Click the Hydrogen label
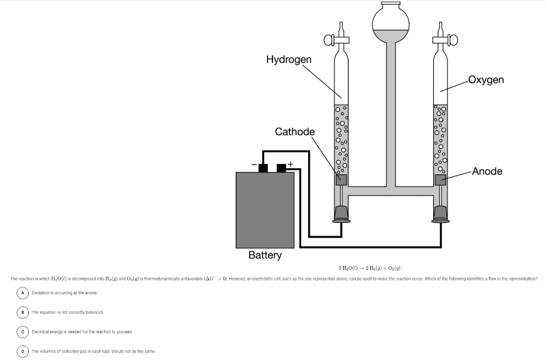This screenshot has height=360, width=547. pos(288,59)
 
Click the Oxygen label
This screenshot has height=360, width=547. pos(485,80)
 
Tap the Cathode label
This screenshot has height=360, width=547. pos(295,131)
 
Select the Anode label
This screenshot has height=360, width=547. pos(487,171)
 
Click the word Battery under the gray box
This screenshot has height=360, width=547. pos(265,255)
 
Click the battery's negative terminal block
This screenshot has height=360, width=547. pos(263,168)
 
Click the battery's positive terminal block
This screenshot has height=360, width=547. pos(282,168)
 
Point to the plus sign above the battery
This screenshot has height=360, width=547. pos(291,162)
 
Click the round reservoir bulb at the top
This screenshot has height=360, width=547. pos(390,21)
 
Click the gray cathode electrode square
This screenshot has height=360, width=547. pos(341,179)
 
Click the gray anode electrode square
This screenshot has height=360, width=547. pos(440,179)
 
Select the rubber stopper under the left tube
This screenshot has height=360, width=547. pos(341,214)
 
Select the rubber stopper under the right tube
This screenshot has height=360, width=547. pos(440,214)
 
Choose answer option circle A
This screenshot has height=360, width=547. pos(23,292)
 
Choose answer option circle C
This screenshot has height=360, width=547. pos(23,332)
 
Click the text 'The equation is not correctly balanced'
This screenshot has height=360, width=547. pos(67,312)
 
